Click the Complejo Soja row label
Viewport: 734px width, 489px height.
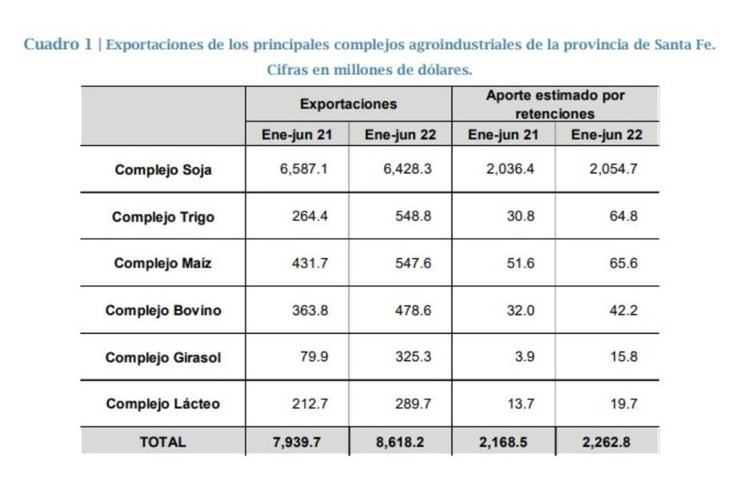click(163, 169)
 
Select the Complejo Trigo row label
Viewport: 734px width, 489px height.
click(163, 217)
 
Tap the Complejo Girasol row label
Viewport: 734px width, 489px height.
click(163, 357)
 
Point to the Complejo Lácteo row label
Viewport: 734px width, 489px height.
click(163, 404)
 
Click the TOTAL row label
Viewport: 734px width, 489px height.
click(163, 442)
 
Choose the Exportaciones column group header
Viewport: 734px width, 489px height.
click(348, 105)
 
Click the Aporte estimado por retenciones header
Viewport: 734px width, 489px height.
click(554, 105)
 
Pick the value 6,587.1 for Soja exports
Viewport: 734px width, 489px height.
click(303, 169)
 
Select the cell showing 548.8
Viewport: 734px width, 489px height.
click(413, 216)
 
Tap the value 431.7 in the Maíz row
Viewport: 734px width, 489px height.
click(310, 263)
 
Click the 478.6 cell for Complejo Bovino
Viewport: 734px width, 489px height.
click(413, 310)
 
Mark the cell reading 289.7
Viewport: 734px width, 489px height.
click(413, 404)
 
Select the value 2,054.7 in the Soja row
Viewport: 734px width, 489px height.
click(613, 169)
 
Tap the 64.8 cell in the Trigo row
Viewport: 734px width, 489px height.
click(623, 216)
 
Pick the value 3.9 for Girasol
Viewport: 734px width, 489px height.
click(524, 357)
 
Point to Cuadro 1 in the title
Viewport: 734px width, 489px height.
click(57, 45)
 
